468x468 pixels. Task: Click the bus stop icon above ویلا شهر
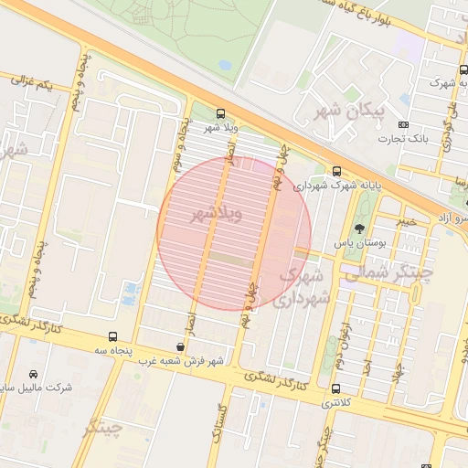(220, 113)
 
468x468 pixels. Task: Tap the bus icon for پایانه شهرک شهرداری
(337, 171)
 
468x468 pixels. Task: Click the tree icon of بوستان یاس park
(357, 229)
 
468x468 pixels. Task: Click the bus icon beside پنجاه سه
(112, 336)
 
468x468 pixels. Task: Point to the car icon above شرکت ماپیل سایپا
(34, 375)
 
